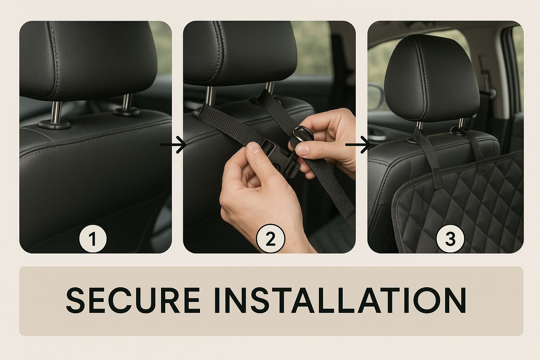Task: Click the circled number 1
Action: click(93, 238)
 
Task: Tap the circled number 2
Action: click(270, 238)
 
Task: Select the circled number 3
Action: click(450, 238)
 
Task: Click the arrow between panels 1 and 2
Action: click(173, 144)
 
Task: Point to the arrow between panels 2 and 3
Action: click(358, 144)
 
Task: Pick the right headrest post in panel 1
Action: click(127, 102)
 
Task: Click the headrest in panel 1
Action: click(88, 60)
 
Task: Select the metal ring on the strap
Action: click(303, 134)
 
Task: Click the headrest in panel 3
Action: click(431, 78)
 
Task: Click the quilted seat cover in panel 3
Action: click(458, 202)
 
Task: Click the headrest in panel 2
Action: click(240, 53)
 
